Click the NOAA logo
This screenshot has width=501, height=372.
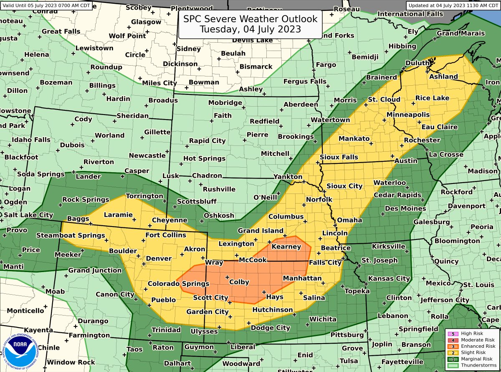point(20,348)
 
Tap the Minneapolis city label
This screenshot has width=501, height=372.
point(408,115)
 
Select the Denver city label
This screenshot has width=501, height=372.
point(159,258)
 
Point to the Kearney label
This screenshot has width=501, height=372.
point(286,247)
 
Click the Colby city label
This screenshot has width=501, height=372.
point(239,282)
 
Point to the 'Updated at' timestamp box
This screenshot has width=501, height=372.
point(453,5)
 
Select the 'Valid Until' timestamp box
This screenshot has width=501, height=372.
point(46,5)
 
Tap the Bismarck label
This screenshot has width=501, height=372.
point(256,66)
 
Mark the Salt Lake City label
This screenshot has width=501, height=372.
point(28,215)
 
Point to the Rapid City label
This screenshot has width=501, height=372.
point(207,141)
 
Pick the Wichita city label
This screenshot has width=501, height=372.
point(323,319)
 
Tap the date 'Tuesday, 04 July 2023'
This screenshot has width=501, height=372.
point(250,30)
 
